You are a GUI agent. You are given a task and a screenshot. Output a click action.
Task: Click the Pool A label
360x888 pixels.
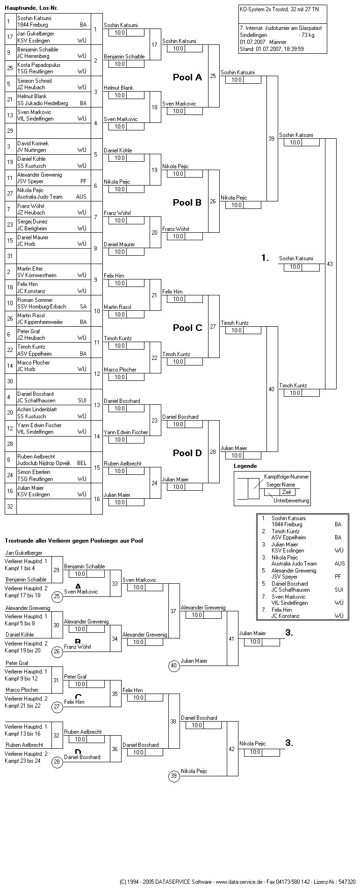click(187, 78)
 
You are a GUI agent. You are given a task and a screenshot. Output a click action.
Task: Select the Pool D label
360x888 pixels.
click(187, 453)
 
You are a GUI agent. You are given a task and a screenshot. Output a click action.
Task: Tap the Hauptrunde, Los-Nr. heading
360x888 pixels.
click(32, 8)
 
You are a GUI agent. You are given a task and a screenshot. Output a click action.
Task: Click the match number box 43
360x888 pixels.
click(330, 264)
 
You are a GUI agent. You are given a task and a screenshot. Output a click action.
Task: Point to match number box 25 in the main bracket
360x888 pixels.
click(213, 76)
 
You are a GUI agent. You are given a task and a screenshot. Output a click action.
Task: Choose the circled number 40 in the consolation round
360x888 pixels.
click(174, 666)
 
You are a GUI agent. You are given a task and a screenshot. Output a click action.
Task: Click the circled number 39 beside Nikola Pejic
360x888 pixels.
click(174, 776)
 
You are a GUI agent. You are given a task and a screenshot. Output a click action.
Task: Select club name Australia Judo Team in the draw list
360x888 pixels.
click(40, 197)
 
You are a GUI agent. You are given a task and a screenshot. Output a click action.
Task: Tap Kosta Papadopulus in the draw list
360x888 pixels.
click(39, 65)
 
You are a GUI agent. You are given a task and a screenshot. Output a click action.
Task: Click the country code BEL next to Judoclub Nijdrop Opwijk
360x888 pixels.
click(82, 463)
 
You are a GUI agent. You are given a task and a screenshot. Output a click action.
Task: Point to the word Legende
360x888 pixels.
click(245, 466)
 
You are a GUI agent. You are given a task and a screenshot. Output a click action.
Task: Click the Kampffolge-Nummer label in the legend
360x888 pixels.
click(286, 476)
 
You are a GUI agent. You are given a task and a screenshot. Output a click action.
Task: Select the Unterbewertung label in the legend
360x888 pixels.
click(291, 501)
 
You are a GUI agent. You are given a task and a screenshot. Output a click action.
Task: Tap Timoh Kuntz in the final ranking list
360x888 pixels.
click(286, 531)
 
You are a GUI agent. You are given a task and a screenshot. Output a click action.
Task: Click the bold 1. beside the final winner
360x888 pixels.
click(265, 258)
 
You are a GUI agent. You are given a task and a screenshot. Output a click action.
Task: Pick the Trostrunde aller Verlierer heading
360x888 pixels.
click(73, 541)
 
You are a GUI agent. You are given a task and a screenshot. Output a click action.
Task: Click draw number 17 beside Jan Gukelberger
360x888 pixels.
click(10, 37)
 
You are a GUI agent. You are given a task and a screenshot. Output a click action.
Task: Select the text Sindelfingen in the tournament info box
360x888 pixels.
click(253, 35)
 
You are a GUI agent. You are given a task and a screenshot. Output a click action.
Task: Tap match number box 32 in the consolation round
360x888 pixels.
click(57, 735)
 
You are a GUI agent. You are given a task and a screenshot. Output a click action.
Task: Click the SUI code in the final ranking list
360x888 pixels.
click(339, 590)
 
